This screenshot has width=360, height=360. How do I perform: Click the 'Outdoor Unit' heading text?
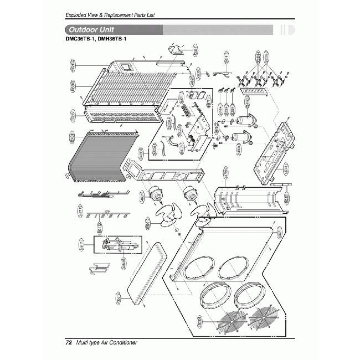coord(90,29)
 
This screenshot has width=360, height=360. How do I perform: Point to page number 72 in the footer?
coord(69,342)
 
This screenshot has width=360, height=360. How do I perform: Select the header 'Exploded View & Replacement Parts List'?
coord(109,13)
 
